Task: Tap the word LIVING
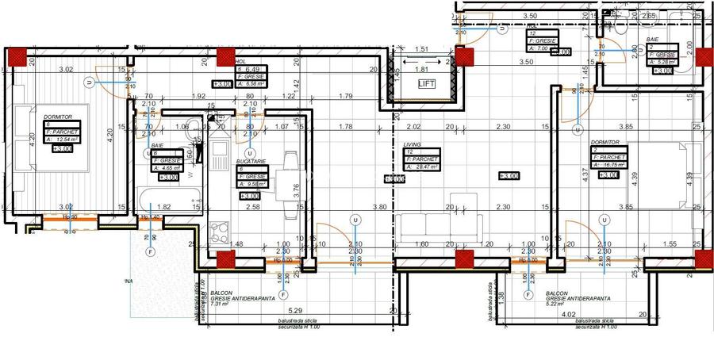(412, 145)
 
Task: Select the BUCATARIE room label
(251, 161)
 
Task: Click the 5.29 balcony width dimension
(297, 310)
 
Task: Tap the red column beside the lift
(464, 56)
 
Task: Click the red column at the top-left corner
(16, 56)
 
